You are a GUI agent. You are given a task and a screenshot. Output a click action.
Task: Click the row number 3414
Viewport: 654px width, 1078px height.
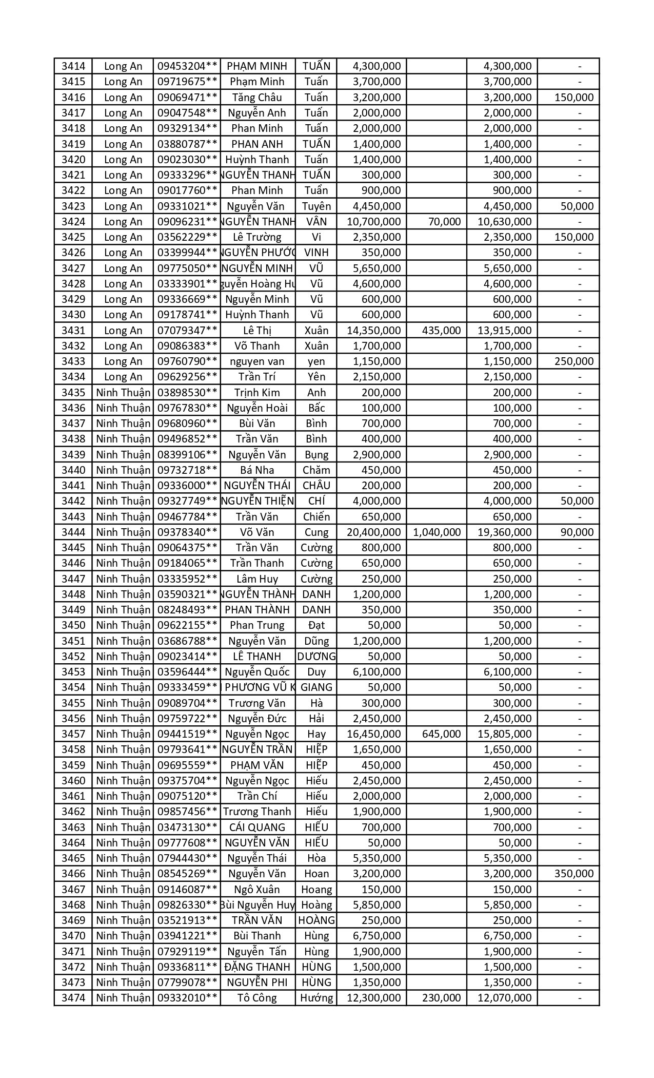click(73, 66)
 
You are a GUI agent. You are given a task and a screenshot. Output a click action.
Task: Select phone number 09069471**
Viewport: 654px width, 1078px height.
click(187, 98)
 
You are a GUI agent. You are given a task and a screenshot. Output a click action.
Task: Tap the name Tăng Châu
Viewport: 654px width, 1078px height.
click(257, 98)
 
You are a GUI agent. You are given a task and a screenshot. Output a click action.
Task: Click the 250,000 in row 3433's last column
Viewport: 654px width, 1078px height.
click(574, 361)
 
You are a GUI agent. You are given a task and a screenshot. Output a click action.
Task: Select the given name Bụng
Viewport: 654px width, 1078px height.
click(316, 455)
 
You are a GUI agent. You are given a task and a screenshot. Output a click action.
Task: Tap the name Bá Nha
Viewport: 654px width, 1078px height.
click(257, 470)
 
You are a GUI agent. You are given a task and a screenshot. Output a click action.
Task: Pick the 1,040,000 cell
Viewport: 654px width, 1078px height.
click(437, 532)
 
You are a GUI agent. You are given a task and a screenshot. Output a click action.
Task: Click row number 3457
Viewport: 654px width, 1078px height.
click(73, 734)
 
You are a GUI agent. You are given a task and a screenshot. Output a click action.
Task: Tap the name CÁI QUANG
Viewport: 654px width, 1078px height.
click(257, 827)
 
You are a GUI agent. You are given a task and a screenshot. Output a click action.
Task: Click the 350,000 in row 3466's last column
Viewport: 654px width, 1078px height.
click(574, 874)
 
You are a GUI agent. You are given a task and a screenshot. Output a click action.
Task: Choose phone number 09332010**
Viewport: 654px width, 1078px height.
click(187, 998)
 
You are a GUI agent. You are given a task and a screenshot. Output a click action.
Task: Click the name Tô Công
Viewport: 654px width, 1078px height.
click(257, 998)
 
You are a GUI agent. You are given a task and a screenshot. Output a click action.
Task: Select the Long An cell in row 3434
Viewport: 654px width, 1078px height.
click(123, 377)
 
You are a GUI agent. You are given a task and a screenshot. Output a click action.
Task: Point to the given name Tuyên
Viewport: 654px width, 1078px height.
click(316, 206)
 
